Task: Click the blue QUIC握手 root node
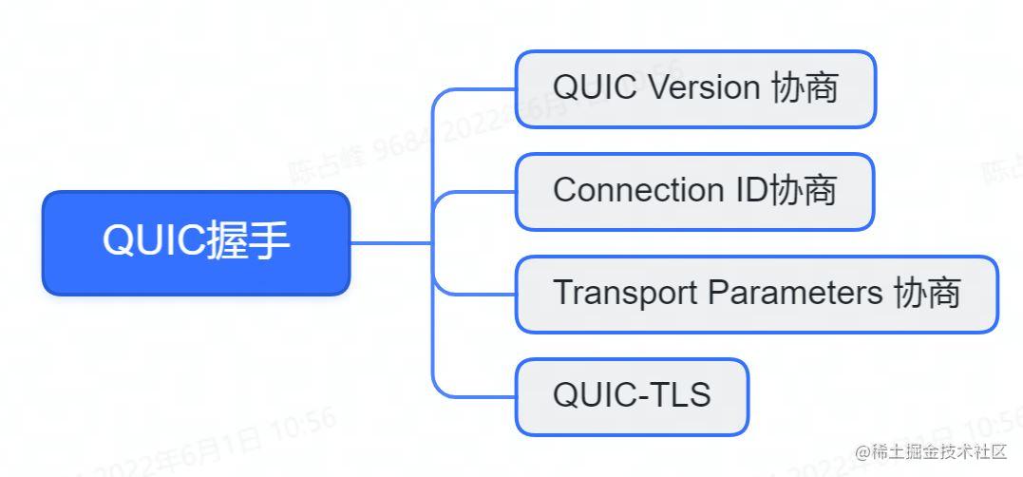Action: (197, 242)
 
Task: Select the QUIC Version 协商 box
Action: (694, 89)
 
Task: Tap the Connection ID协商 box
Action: (694, 191)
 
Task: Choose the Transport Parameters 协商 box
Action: (756, 294)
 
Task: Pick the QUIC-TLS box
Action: (632, 395)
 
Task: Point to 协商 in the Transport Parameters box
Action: (927, 294)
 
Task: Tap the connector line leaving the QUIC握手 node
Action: (389, 242)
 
